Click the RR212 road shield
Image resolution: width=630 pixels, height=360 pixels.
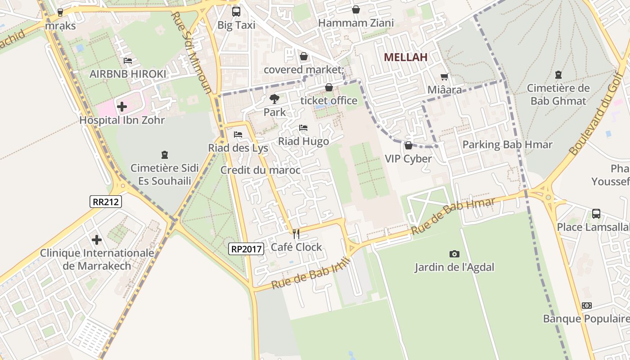(106, 202)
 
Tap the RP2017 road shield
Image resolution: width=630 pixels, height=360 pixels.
(246, 248)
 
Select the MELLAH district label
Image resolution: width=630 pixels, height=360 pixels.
(405, 57)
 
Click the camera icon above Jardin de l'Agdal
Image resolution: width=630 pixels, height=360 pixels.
(454, 254)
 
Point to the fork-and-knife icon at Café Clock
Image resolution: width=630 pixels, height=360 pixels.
(296, 234)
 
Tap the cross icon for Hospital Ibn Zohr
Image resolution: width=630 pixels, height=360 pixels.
(122, 107)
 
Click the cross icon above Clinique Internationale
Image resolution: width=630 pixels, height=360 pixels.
(97, 240)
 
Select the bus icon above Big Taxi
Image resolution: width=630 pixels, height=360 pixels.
(236, 12)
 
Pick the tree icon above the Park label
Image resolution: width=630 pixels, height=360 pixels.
(274, 99)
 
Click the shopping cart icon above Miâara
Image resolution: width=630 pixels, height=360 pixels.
(445, 77)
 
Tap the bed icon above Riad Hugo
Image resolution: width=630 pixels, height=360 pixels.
(303, 128)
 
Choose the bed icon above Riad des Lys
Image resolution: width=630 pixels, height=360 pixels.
(238, 135)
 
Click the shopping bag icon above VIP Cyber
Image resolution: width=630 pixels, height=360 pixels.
(408, 145)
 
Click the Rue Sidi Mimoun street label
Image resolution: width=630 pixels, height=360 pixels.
(191, 52)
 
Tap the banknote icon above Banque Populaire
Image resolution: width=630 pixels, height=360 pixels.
(586, 306)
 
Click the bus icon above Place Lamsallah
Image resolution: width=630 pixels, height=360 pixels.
(596, 214)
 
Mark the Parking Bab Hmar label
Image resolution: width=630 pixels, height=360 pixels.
(507, 144)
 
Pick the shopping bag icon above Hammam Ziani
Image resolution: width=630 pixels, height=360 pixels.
(356, 9)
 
